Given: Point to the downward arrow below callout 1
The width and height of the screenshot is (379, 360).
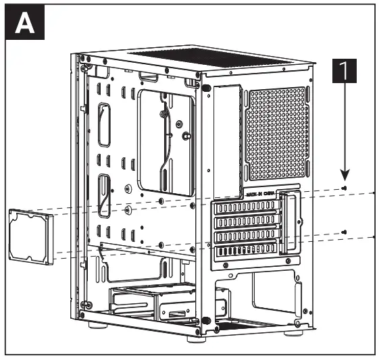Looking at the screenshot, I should pyautogui.click(x=345, y=135).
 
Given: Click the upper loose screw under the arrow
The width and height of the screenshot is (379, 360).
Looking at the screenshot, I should pyautogui.click(x=345, y=188).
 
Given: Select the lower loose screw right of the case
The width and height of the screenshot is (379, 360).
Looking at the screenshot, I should pyautogui.click(x=345, y=232).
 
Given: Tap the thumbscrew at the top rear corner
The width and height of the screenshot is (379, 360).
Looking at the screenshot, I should pyautogui.click(x=205, y=87).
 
